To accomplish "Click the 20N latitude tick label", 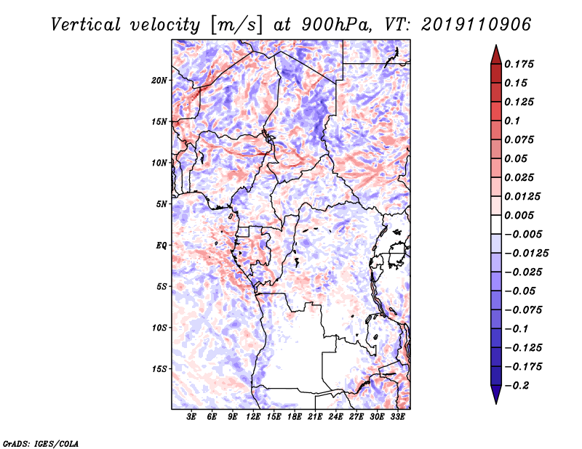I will (x=159, y=80).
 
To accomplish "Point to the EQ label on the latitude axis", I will (x=161, y=245).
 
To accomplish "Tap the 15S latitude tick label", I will (x=159, y=368).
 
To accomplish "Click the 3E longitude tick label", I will (x=191, y=417).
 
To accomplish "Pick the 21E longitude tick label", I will (x=315, y=417).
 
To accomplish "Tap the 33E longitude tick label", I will (x=397, y=417).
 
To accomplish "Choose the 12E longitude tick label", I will (x=253, y=417).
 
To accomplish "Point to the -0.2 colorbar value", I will (x=518, y=385).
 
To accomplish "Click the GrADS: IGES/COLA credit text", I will (x=40, y=442).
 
